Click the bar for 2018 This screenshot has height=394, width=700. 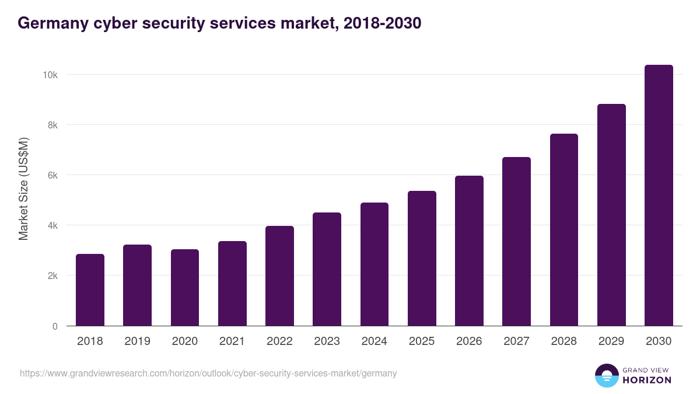click(x=90, y=290)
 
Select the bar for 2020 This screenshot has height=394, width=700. click(x=185, y=288)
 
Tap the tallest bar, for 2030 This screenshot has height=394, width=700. click(x=659, y=196)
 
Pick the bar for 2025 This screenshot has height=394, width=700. click(x=422, y=259)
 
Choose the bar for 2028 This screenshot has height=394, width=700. click(x=564, y=230)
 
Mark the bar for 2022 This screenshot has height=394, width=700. click(x=279, y=276)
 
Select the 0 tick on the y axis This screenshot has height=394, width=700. click(x=55, y=326)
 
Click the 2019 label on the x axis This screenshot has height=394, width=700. click(x=137, y=341)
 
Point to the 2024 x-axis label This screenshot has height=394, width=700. click(x=374, y=341)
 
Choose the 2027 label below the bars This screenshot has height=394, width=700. click(x=516, y=341)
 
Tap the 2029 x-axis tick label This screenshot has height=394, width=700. click(x=611, y=341)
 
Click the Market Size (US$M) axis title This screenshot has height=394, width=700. click(x=23, y=189)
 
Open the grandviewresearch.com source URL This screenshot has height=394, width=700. click(x=208, y=373)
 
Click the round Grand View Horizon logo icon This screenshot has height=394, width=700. click(x=606, y=375)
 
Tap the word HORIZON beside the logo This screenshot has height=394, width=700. click(x=646, y=380)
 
